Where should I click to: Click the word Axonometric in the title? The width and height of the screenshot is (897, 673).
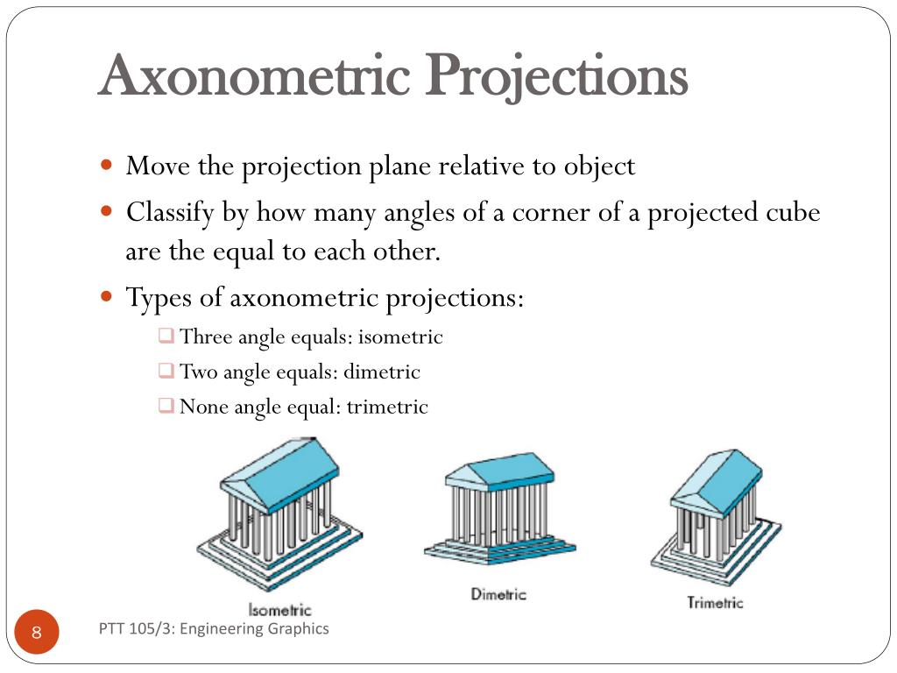click(x=255, y=75)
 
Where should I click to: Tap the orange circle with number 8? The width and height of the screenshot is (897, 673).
click(x=37, y=632)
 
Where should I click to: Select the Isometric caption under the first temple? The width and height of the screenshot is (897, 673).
click(x=279, y=610)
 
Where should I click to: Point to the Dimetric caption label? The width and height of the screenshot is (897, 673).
click(x=498, y=594)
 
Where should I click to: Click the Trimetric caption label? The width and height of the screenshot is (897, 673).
click(x=715, y=602)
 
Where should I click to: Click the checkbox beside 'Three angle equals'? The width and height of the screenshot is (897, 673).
click(x=166, y=335)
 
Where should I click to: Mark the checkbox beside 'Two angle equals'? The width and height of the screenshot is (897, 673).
click(x=166, y=371)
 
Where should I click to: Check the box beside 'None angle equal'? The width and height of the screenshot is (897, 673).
click(x=166, y=405)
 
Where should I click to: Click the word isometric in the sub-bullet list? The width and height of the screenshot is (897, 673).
click(x=400, y=336)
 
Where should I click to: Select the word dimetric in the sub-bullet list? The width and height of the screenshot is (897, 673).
click(x=382, y=372)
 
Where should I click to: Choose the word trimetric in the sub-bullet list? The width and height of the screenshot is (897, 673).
click(x=387, y=407)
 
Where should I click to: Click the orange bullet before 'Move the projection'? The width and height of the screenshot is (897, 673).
click(x=106, y=166)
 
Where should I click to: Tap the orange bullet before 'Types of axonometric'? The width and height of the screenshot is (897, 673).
click(x=106, y=296)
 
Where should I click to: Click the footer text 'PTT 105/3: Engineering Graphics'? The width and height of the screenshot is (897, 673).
click(x=214, y=629)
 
